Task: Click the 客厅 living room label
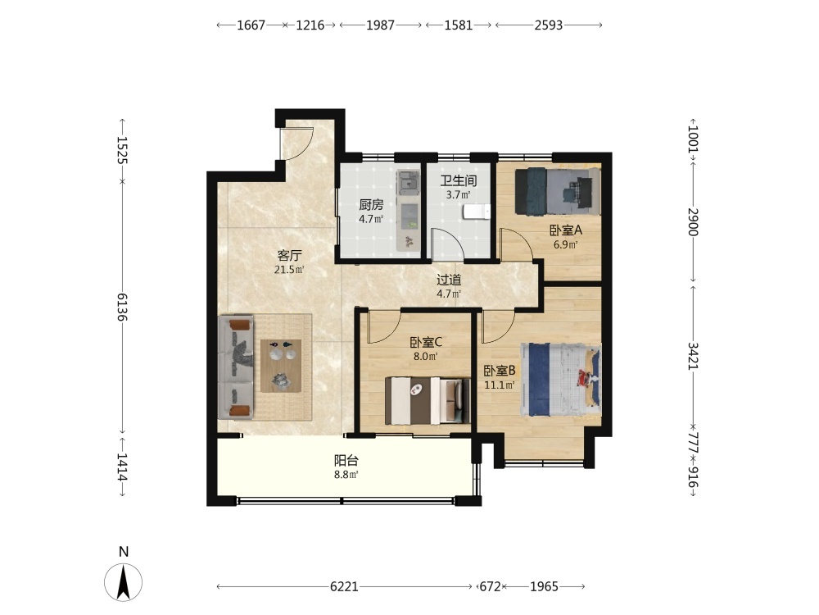[x=289, y=256]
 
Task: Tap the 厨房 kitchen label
[x=371, y=205]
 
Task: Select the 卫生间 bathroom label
[x=458, y=181]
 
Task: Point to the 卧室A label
[x=566, y=230]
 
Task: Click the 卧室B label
[x=500, y=371]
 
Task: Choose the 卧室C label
[x=426, y=343]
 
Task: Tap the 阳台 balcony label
[x=346, y=461]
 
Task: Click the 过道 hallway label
[x=449, y=280]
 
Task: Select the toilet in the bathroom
[x=477, y=212]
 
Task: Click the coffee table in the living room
[x=281, y=366]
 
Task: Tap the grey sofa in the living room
[x=236, y=367]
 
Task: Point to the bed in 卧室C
[x=424, y=401]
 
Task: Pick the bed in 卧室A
[x=557, y=191]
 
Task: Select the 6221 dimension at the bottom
[x=344, y=587]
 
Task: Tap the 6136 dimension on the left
[x=122, y=307]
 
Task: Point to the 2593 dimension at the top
[x=549, y=25]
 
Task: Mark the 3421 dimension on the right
[x=693, y=356]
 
